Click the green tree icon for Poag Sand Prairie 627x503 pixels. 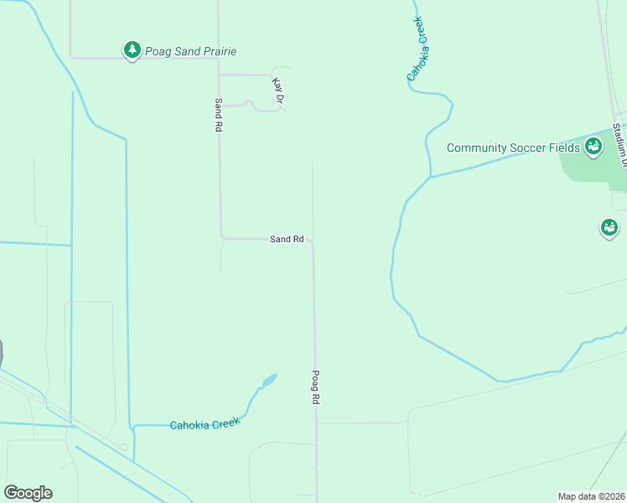[x=132, y=50]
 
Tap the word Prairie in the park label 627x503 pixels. [x=215, y=52]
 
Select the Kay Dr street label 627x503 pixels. [x=277, y=91]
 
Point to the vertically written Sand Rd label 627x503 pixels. [x=218, y=114]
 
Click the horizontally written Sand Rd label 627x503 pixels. [x=287, y=239]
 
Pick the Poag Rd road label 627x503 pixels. [x=316, y=388]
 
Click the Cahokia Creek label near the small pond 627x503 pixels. [x=205, y=423]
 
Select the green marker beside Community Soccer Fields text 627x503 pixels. [x=593, y=147]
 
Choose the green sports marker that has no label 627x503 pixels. [x=609, y=227]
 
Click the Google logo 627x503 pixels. [x=28, y=493]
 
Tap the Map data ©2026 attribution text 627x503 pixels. [x=590, y=495]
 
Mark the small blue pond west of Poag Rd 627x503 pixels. [x=268, y=381]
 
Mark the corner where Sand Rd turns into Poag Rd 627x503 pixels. [x=312, y=241]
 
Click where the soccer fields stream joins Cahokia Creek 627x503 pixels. [x=431, y=177]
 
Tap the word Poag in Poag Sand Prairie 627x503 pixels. [x=158, y=52]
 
